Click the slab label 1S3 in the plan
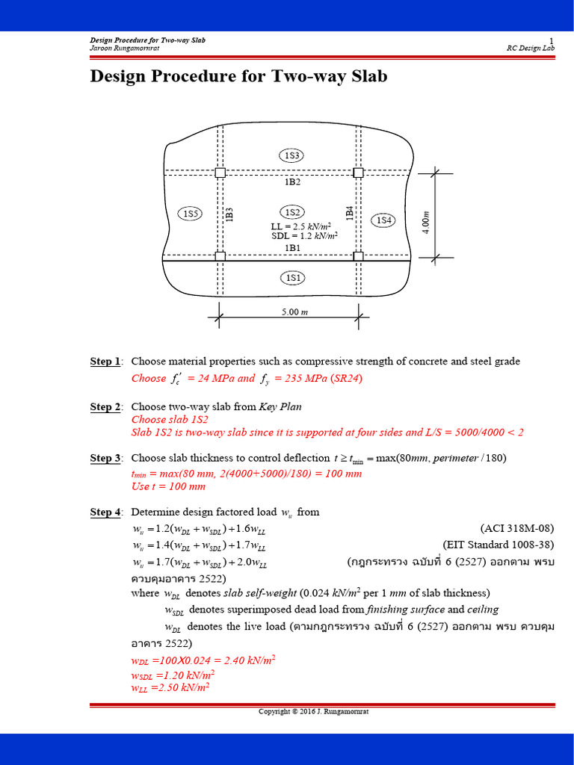coord(291,155)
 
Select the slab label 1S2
coord(291,212)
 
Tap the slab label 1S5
coord(191,214)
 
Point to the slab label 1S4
coord(383,220)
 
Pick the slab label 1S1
coord(291,278)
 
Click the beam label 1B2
coord(292,182)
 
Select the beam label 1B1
coord(292,247)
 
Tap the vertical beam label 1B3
coord(229,214)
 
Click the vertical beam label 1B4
coord(349,212)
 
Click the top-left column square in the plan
coord(220,173)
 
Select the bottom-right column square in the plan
coord(358,256)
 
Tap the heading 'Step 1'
coord(105,362)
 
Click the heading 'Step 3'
coord(105,458)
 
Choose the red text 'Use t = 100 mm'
coord(168,486)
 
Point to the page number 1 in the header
coord(552,40)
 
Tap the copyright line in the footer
coord(313,711)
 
